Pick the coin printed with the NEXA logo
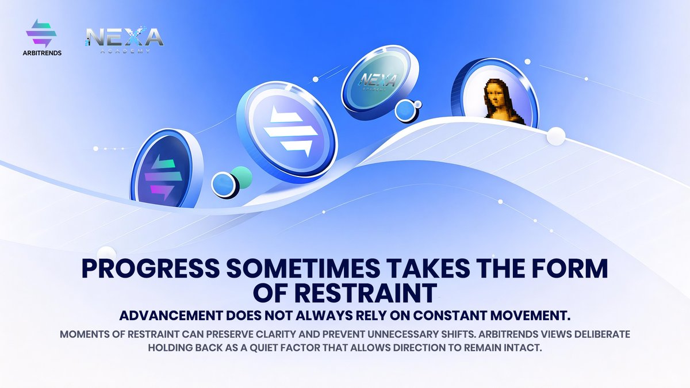click(375, 82)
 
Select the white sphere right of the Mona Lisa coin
click(556, 136)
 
